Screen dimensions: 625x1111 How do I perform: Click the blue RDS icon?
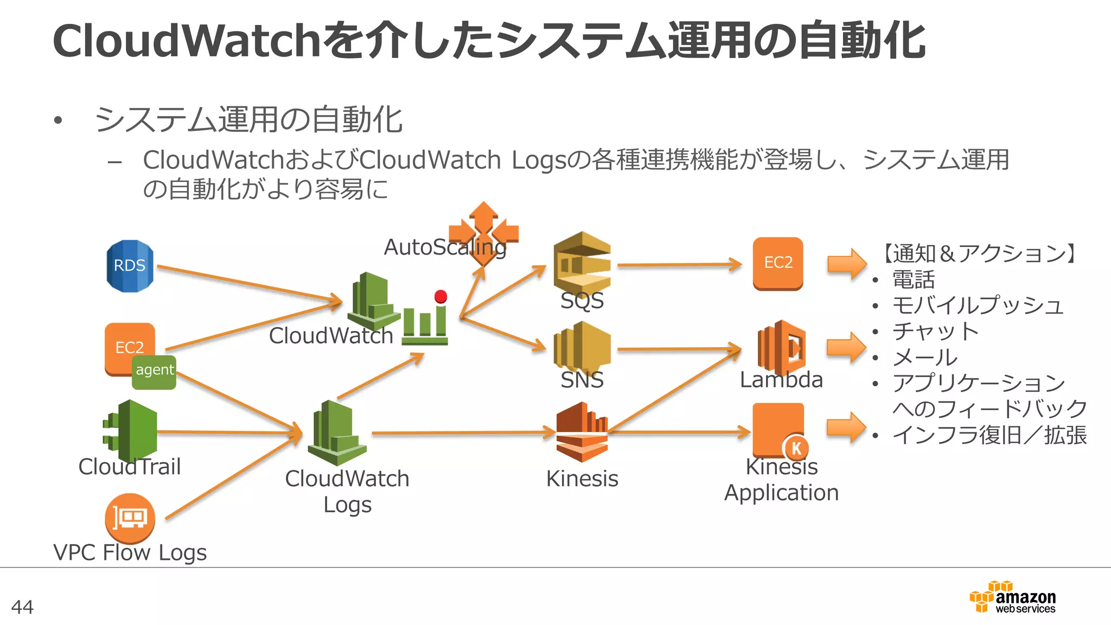point(130,266)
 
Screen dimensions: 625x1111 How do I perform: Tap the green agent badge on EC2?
point(154,372)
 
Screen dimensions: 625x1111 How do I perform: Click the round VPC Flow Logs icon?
point(130,518)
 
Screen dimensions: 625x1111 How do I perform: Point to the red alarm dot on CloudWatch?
point(440,296)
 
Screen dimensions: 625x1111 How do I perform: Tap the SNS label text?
point(582,380)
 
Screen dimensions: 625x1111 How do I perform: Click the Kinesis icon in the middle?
point(582,432)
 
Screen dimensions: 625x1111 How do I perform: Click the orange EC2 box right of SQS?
point(777,263)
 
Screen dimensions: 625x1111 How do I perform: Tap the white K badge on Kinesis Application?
point(796,448)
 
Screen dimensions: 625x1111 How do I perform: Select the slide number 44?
point(22,607)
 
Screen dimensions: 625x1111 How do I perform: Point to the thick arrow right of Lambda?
point(846,348)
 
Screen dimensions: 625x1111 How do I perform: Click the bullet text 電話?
point(914,280)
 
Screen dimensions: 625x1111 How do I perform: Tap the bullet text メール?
point(925,357)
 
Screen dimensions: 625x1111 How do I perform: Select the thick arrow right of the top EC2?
point(846,264)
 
